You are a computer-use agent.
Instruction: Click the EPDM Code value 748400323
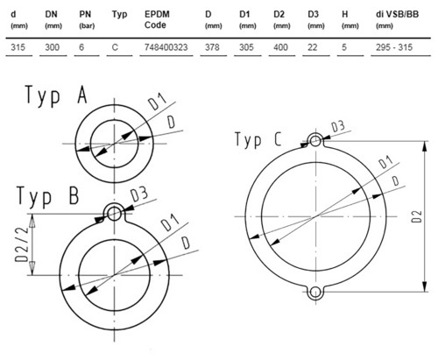point(166,47)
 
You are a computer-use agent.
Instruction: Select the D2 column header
point(281,19)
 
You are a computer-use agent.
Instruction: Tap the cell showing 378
point(212,47)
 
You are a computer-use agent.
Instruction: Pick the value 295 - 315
point(394,47)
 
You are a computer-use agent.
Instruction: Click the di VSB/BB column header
point(397,19)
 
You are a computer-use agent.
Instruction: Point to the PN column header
point(87,19)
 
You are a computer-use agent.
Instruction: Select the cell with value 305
point(246,47)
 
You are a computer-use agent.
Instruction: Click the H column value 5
point(344,47)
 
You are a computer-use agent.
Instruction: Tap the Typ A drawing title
point(56,95)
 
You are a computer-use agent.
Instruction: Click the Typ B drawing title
point(48,196)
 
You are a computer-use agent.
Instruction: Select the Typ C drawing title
point(258,139)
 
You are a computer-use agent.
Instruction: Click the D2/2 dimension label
point(23,244)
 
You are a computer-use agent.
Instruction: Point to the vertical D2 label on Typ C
point(417,216)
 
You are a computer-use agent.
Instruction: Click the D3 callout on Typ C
point(338,127)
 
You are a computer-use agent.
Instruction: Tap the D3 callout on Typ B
point(139,194)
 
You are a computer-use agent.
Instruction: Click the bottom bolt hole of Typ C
point(314,292)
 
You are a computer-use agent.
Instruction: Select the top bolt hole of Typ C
point(315,141)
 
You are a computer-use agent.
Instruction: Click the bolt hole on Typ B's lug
point(114,214)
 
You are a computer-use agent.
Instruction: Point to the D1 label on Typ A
point(157,102)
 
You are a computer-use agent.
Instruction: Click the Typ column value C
point(115,47)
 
